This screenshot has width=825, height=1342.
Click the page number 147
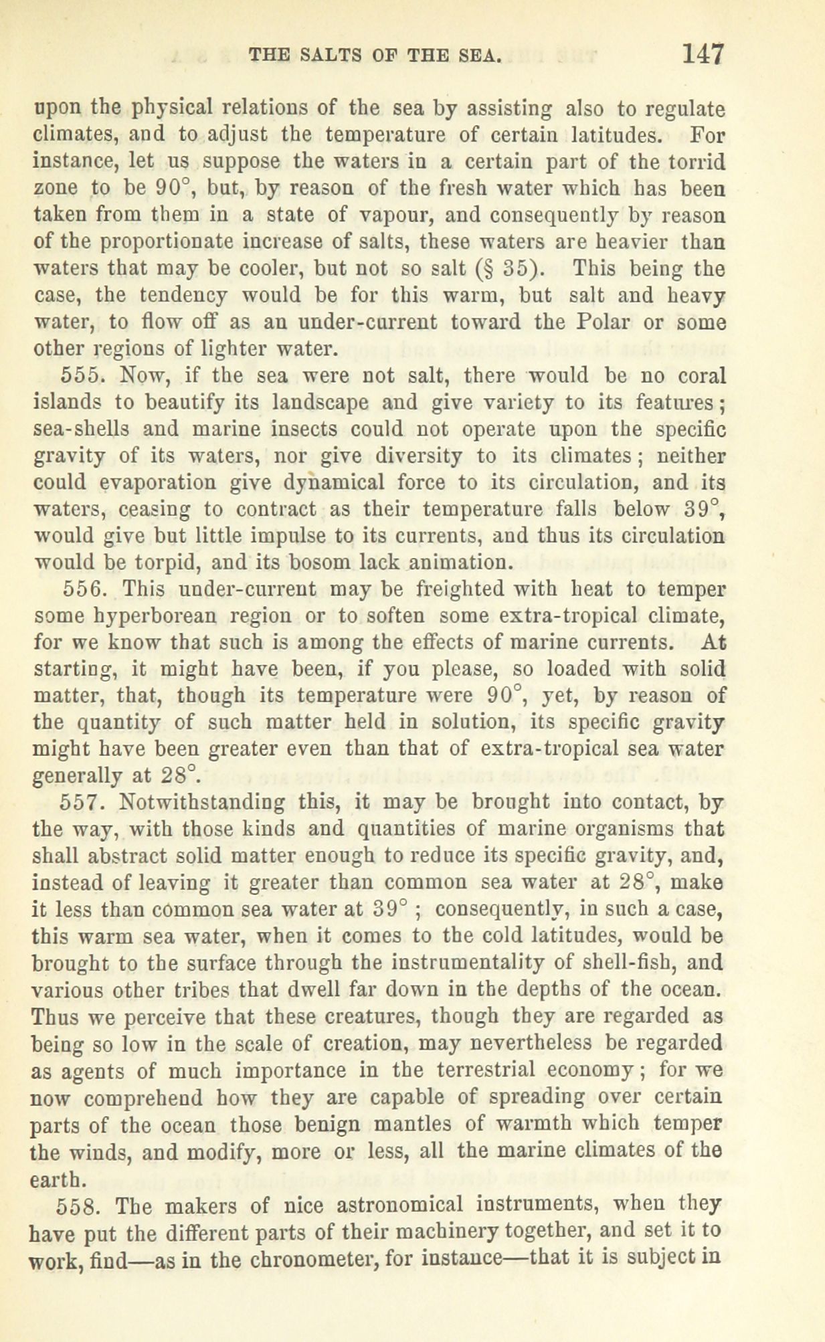[702, 53]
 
